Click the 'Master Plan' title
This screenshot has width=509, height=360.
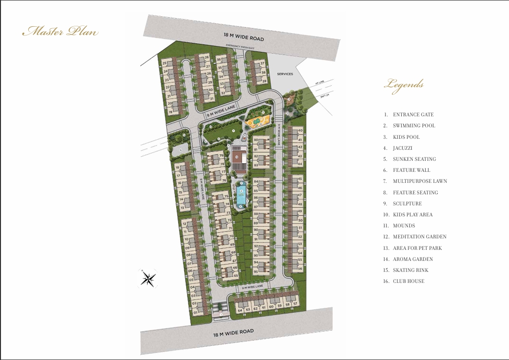point(60,32)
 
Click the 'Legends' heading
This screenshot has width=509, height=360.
point(404,85)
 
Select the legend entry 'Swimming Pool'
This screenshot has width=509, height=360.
point(414,125)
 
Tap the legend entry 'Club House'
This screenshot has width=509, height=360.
point(408,281)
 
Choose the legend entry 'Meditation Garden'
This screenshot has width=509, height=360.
point(419,236)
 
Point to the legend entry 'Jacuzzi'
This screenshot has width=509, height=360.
point(403,148)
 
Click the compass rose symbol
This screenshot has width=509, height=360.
point(148,278)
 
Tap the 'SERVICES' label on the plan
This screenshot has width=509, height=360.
point(285,74)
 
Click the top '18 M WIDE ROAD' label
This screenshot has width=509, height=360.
point(244,36)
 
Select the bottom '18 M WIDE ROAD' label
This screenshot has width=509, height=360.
point(234,333)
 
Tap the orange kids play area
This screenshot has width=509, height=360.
point(258,121)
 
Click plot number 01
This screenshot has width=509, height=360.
point(195,312)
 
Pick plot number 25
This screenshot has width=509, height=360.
point(165,63)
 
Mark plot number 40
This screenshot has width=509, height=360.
point(300,131)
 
